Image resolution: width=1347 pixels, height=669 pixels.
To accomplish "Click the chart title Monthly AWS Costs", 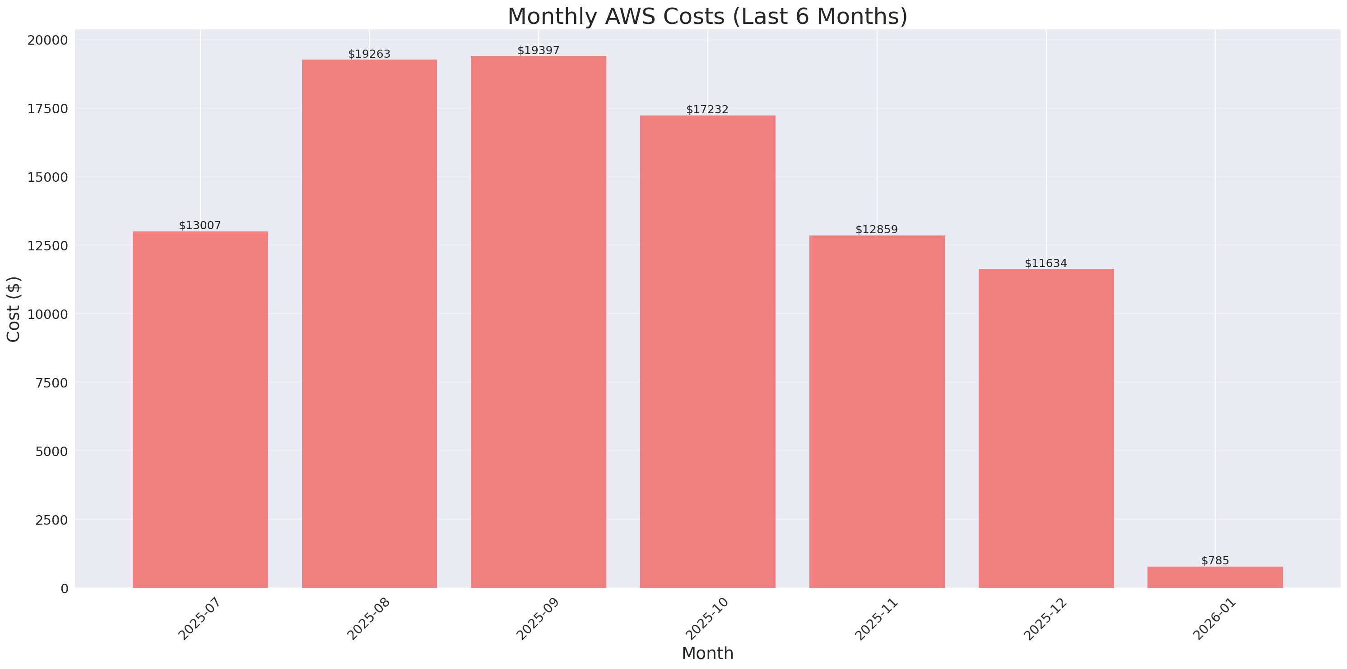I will click(x=707, y=16).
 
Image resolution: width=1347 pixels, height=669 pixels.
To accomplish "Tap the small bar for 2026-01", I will click(x=1215, y=577).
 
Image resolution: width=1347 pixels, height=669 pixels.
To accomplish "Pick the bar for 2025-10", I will click(x=707, y=351).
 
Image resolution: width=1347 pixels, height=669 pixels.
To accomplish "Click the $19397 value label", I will click(x=538, y=50).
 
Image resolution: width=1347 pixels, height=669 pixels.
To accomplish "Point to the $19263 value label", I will click(x=369, y=54).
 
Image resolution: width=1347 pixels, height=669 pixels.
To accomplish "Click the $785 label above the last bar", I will click(x=1215, y=561).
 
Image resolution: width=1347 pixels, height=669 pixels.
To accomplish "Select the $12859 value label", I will click(x=876, y=230).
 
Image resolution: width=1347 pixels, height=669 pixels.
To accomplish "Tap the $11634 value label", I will click(x=1045, y=263).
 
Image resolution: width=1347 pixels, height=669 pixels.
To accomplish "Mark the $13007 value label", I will click(x=200, y=225).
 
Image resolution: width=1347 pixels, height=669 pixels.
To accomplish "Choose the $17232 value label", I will click(x=707, y=109).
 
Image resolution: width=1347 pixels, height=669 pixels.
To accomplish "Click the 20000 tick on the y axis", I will click(x=47, y=40).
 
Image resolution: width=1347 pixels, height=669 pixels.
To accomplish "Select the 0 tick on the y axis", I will click(x=64, y=589).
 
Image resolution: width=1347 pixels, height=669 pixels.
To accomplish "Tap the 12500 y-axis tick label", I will click(x=47, y=246).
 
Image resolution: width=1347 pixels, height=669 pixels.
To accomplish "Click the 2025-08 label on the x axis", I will click(x=369, y=619).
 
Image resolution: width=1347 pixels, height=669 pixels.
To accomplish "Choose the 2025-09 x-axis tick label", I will click(x=538, y=619).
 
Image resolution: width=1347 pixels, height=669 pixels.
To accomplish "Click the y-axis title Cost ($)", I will click(x=14, y=309).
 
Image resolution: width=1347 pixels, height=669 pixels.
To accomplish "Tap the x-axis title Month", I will click(x=707, y=653).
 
